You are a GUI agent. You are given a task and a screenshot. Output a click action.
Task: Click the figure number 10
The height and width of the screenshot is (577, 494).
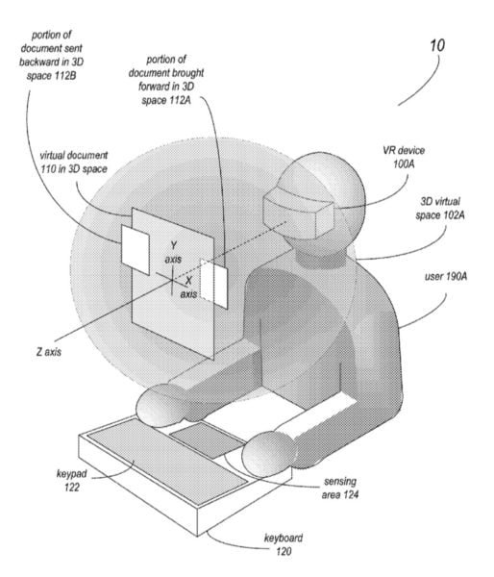tap(437, 45)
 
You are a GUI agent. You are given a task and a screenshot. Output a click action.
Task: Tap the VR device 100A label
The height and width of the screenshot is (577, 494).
tap(404, 157)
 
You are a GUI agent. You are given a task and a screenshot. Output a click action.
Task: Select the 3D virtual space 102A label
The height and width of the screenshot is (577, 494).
tap(440, 209)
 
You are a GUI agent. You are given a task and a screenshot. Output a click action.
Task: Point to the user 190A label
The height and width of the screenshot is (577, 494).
tap(446, 276)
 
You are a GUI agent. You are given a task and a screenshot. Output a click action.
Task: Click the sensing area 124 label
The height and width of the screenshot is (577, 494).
tap(340, 488)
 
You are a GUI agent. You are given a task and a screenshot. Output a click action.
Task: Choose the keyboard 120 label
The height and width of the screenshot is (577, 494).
tap(284, 544)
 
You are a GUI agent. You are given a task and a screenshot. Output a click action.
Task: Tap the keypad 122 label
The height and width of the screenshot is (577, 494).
tap(72, 480)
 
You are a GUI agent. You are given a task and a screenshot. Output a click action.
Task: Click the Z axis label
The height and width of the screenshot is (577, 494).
tap(49, 352)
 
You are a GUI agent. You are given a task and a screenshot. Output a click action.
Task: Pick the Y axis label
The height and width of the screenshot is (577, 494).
tap(173, 252)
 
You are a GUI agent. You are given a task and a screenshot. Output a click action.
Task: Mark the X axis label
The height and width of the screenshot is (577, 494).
tap(188, 288)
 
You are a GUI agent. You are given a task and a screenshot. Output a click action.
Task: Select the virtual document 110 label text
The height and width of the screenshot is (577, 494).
tap(74, 162)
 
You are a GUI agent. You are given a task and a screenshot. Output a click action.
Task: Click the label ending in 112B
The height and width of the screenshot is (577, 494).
tap(52, 55)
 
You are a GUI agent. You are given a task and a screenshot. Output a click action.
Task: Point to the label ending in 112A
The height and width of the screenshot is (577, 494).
tap(166, 80)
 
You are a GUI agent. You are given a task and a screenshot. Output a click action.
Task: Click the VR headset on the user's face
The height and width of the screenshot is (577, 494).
tap(299, 212)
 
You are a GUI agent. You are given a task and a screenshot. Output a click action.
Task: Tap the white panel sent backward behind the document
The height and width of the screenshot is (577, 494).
tap(136, 249)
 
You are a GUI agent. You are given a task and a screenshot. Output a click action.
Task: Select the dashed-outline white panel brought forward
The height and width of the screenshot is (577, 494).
tap(213, 283)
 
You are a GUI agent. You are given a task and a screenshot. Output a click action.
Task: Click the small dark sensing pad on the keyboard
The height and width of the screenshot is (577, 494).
tap(207, 439)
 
